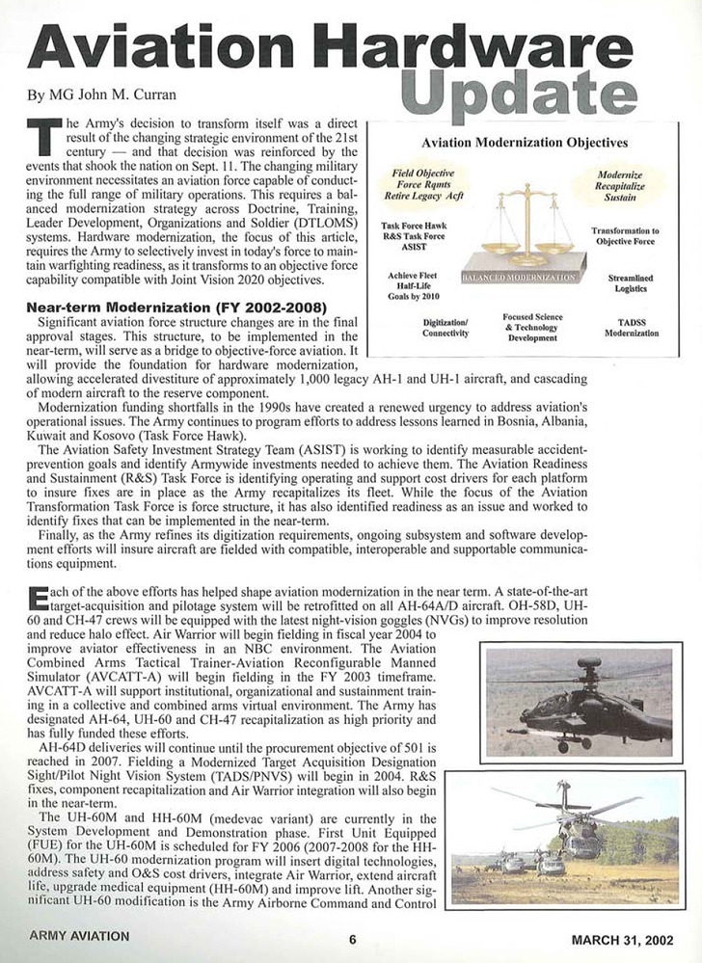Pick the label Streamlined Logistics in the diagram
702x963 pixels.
(x=632, y=284)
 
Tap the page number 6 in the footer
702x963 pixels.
(x=353, y=940)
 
